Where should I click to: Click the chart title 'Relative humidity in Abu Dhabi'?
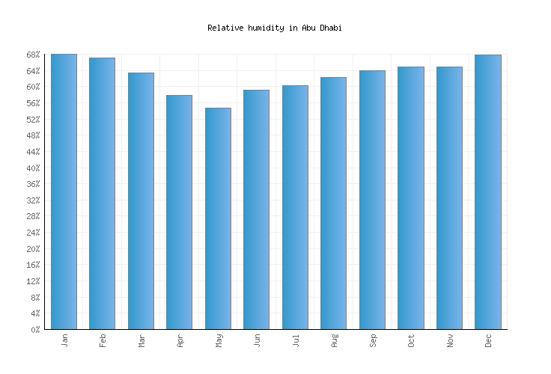click(274, 28)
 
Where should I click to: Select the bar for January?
click(64, 191)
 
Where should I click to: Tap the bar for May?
click(218, 218)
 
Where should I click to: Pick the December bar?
click(487, 191)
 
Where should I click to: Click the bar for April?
click(179, 212)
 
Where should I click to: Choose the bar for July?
click(295, 207)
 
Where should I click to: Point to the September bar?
click(372, 200)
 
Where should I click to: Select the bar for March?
click(141, 200)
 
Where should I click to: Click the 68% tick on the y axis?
click(32, 55)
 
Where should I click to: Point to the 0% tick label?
click(34, 330)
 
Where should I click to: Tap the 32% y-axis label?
click(32, 200)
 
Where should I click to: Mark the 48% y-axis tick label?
click(32, 135)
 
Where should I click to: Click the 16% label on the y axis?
click(32, 265)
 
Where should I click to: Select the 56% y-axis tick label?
click(32, 103)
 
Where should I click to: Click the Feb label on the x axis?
click(103, 340)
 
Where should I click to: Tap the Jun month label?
click(257, 340)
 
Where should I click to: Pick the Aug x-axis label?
click(334, 340)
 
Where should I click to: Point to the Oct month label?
click(411, 340)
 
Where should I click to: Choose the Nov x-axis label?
click(450, 340)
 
